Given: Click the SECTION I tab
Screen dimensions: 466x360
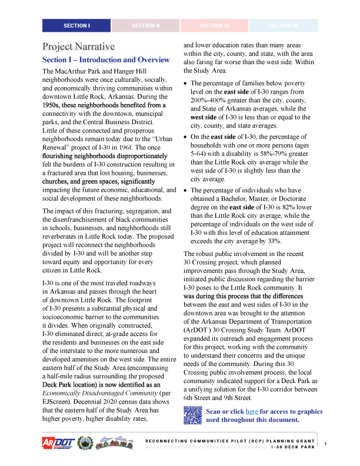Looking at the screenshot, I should click(76, 26).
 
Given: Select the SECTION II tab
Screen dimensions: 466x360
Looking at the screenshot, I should click(145, 26).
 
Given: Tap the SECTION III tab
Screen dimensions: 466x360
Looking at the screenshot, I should click(215, 26).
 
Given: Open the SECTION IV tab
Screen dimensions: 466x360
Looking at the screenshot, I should click(284, 26).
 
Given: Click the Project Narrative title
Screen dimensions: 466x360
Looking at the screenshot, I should click(78, 46).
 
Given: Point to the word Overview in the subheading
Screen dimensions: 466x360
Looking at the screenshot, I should click(154, 61).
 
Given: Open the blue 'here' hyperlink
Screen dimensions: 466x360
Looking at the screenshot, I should click(252, 411).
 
